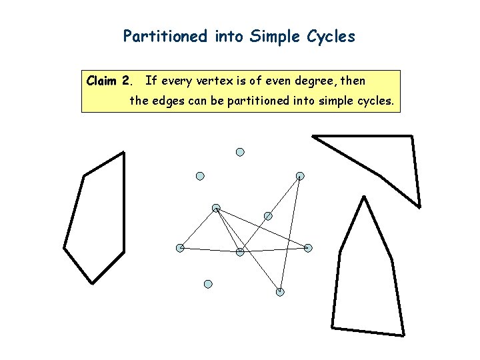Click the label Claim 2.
(x=109, y=82)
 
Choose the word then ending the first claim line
(x=353, y=82)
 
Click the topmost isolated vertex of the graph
(x=240, y=152)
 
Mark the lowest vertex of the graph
(x=280, y=291)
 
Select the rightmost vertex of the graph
(x=308, y=248)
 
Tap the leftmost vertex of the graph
(x=180, y=248)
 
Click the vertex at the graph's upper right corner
(x=300, y=176)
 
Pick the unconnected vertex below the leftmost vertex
(x=208, y=284)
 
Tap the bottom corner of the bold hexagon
(x=91, y=283)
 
